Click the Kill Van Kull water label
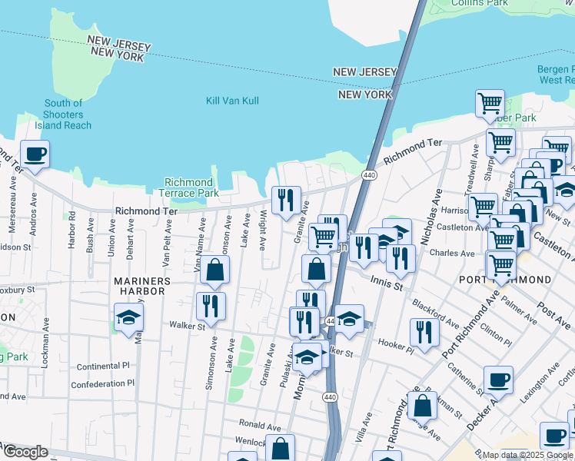(232, 101)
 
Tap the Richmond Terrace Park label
(188, 187)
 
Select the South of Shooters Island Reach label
(63, 114)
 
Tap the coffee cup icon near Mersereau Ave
(35, 154)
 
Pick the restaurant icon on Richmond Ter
(286, 200)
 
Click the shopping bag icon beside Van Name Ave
(215, 270)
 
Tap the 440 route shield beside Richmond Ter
(369, 175)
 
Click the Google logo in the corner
(25, 452)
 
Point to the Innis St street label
(387, 284)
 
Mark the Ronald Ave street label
(260, 424)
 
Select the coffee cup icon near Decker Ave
(498, 380)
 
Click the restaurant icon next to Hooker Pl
(424, 332)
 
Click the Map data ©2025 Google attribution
(527, 455)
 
